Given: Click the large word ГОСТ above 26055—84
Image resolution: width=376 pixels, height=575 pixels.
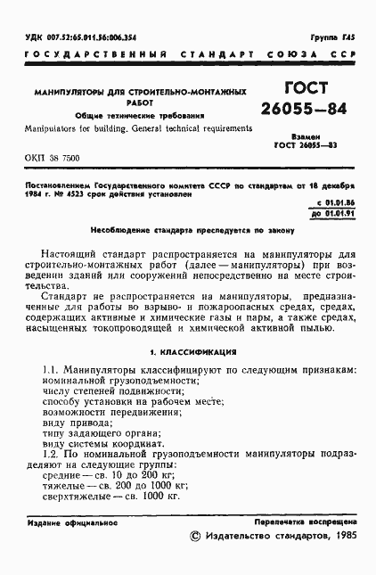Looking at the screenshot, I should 306,89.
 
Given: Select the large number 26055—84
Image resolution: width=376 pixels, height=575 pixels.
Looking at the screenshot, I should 305,111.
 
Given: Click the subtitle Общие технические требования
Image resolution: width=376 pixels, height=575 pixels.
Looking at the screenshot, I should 146,116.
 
